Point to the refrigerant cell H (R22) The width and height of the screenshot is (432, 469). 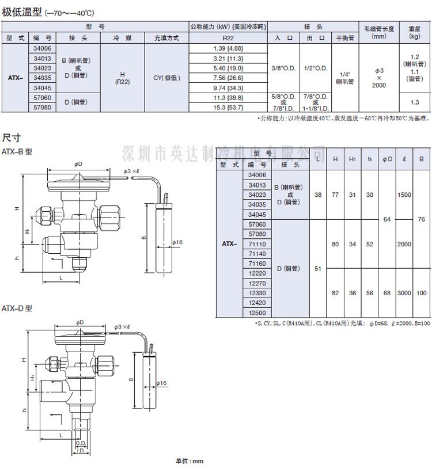point(122,78)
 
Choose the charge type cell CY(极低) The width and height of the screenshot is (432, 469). point(166,78)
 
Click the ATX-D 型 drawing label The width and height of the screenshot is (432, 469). point(17,308)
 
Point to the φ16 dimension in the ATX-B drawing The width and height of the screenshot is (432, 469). point(176,242)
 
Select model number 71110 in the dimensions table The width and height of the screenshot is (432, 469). point(257,243)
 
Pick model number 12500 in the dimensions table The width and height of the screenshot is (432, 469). point(257,312)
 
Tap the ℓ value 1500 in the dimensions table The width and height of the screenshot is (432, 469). point(404,195)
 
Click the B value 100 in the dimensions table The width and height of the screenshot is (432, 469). point(422,293)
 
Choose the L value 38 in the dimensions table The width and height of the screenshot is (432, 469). point(319,195)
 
